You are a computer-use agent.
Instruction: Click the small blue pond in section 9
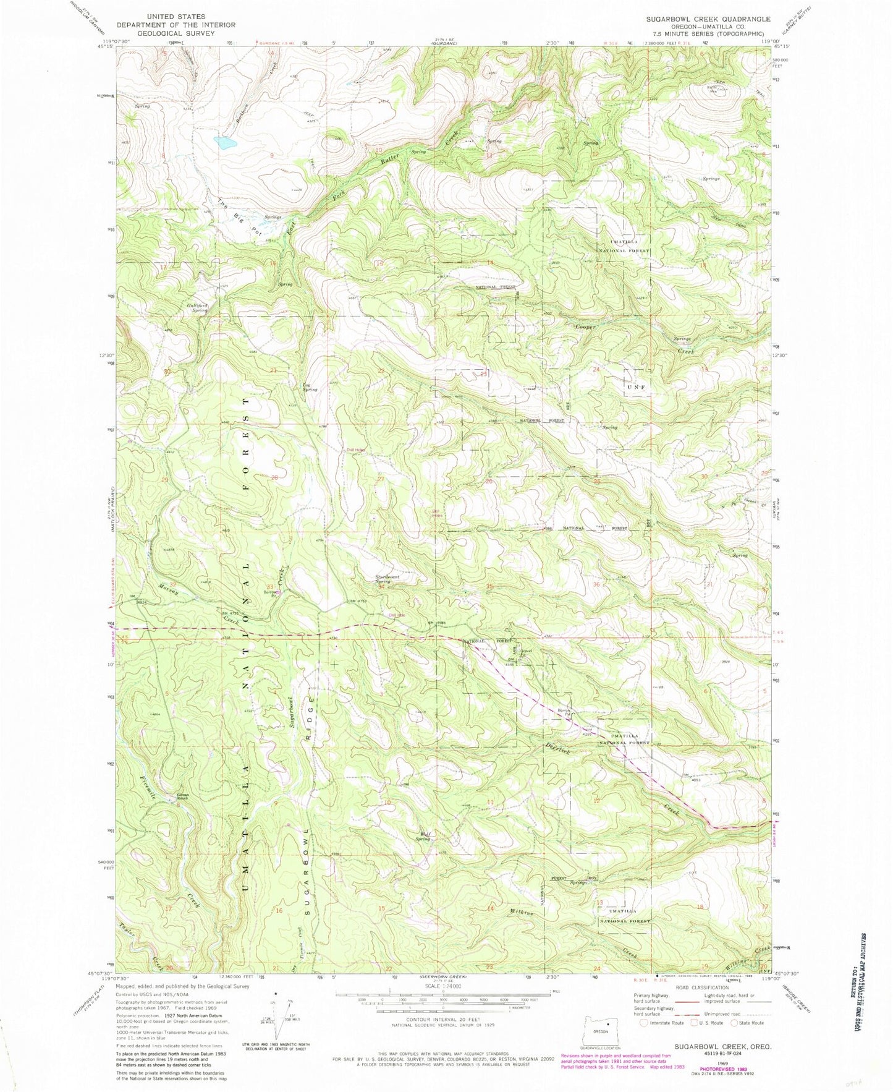[226, 143]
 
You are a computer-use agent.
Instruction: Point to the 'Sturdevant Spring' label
[383, 579]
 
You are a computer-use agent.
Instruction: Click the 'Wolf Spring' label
[423, 836]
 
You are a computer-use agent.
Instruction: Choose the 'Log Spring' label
[310, 387]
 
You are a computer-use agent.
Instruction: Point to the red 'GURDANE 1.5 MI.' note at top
[276, 43]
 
